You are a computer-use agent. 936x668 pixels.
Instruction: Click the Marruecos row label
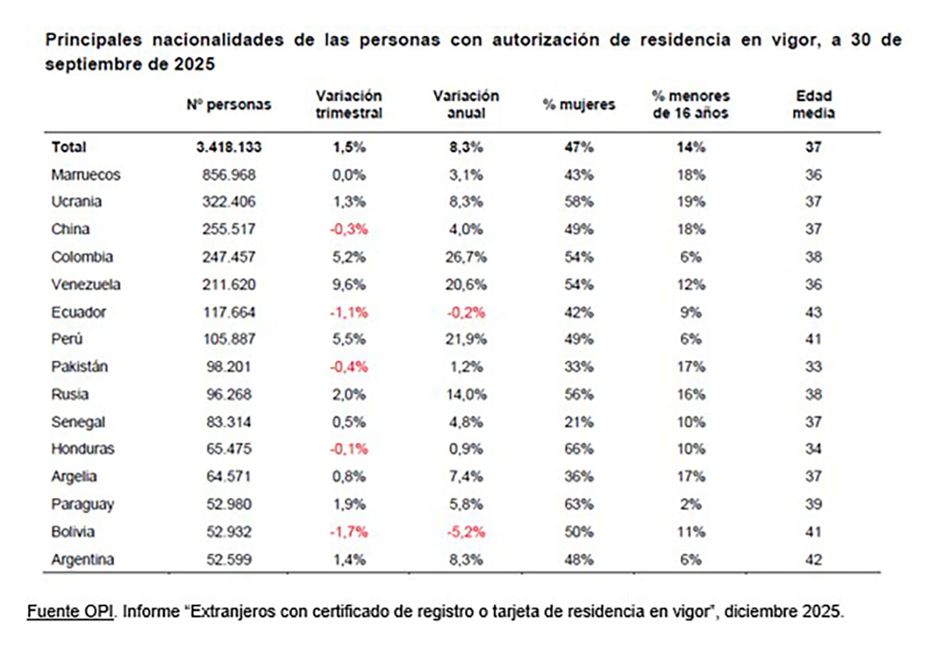(x=86, y=175)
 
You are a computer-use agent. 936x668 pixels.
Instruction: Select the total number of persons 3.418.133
(x=229, y=147)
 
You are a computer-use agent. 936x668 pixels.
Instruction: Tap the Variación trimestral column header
(x=349, y=104)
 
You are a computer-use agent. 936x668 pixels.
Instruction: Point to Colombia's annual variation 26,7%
(x=466, y=257)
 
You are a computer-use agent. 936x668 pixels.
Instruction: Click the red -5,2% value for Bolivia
(x=466, y=532)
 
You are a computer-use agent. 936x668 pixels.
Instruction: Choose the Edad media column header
(x=814, y=104)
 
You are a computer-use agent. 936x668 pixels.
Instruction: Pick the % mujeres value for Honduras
(x=579, y=449)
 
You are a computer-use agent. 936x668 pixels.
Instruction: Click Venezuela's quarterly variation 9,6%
(x=349, y=285)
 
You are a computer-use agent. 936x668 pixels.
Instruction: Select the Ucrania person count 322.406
(x=229, y=202)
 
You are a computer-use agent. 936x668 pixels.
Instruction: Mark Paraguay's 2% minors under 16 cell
(x=690, y=504)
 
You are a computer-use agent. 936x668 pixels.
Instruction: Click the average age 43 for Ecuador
(x=814, y=312)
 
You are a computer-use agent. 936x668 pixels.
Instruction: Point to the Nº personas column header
(x=229, y=104)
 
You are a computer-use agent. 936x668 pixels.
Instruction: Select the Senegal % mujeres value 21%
(x=579, y=422)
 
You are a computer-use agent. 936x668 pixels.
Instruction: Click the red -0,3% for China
(x=349, y=229)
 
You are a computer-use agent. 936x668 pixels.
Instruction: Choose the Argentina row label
(x=83, y=560)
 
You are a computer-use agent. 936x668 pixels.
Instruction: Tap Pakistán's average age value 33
(x=814, y=367)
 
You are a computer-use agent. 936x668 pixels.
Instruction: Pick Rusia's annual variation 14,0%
(x=466, y=394)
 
